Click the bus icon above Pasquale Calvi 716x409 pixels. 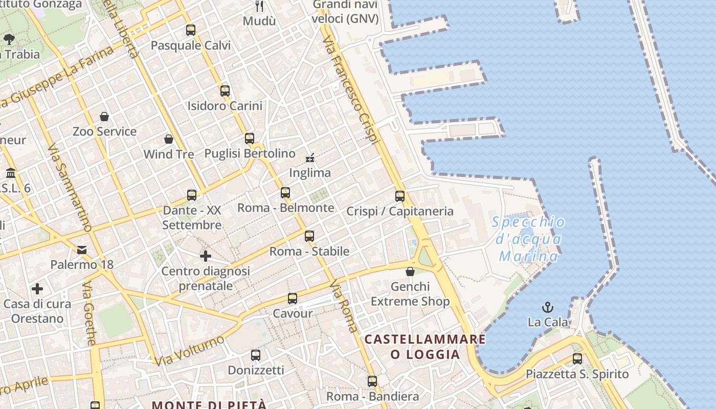point(191,30)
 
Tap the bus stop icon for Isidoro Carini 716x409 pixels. point(225,91)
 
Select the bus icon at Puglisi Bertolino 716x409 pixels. point(250,139)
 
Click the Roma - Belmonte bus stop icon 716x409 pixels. point(285,193)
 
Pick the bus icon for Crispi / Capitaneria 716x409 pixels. point(400,196)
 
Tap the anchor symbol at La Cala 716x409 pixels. point(548,307)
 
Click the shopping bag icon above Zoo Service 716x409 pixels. point(104,117)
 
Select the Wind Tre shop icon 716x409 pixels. point(169,139)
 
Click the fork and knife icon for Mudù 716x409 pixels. point(259,6)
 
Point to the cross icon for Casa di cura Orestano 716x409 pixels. point(37,289)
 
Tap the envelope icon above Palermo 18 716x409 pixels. point(82,250)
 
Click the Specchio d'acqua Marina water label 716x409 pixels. point(529,239)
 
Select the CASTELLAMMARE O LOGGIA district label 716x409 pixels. point(425,346)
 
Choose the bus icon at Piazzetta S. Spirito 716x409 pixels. point(577,359)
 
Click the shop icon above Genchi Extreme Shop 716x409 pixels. point(410,271)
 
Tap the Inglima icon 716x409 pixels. point(310,158)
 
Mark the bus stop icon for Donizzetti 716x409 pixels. point(256,355)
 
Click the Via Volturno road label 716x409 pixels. point(190,350)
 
